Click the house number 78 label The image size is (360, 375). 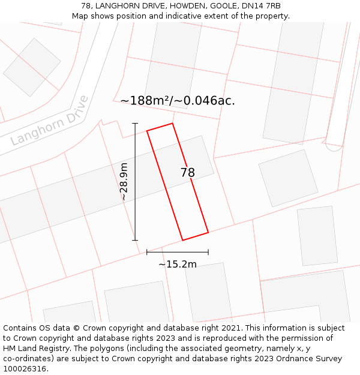coord(188,173)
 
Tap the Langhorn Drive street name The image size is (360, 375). coord(50,121)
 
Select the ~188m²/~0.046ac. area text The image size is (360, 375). coord(178,101)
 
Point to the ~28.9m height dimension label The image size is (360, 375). coord(124,182)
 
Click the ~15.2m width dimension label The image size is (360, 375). coord(178,264)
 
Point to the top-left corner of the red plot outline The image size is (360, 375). coord(147,131)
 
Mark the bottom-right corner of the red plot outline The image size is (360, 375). coord(208,232)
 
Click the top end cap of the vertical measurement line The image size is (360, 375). coord(135,124)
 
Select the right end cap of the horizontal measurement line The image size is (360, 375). coord(208,252)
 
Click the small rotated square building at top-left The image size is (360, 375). coord(32,67)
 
